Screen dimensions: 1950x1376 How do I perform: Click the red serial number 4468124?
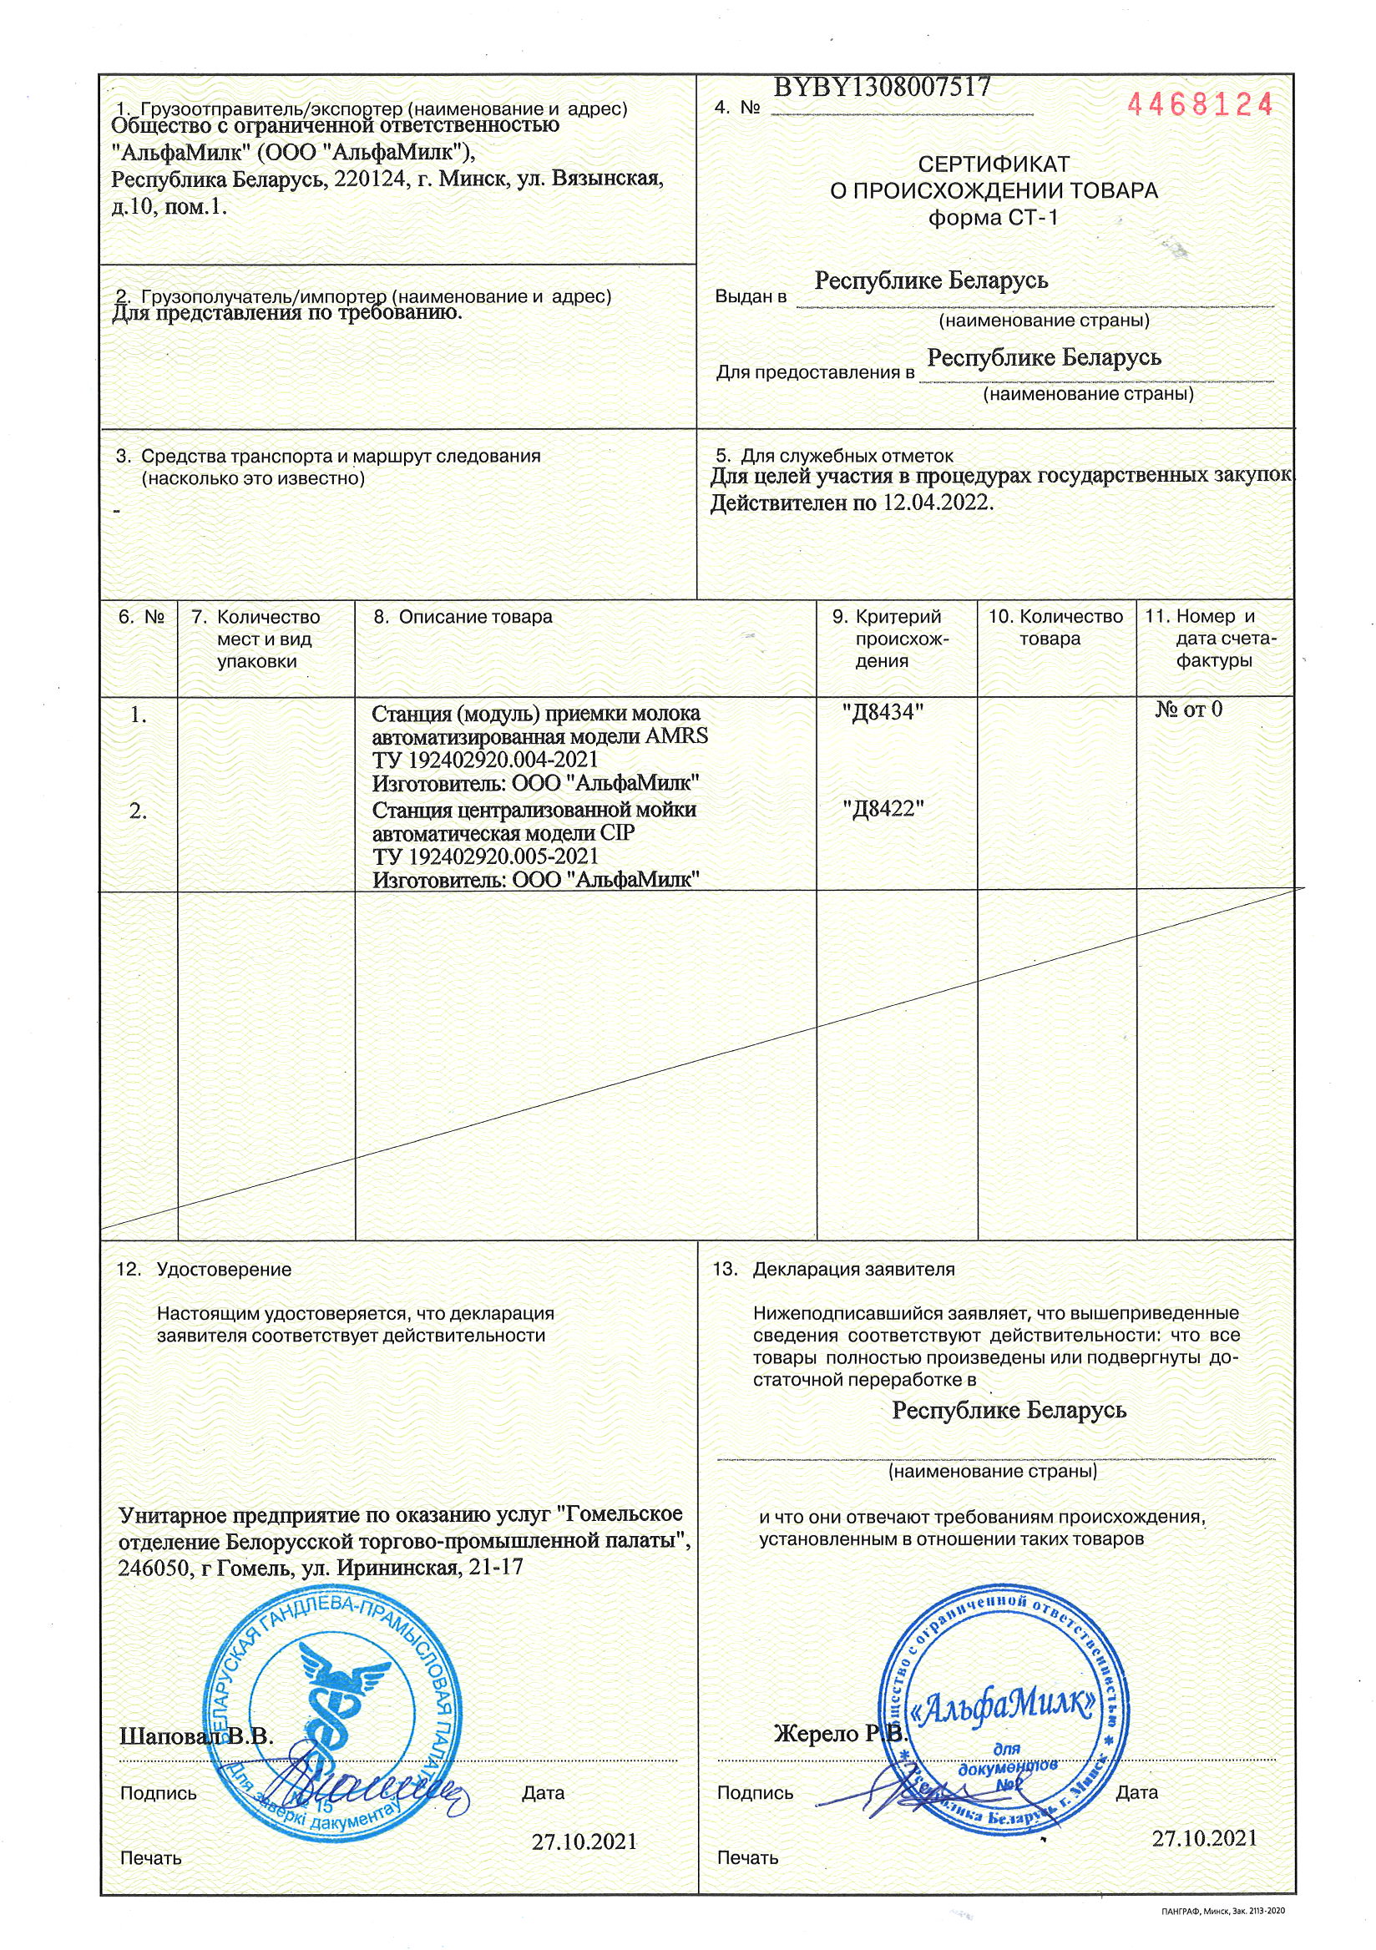(1198, 105)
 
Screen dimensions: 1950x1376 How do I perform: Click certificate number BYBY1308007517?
(882, 87)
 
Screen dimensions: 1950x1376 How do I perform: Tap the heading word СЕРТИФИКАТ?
(994, 164)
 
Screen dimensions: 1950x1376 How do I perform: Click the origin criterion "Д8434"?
(883, 713)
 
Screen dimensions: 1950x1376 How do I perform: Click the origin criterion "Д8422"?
(883, 809)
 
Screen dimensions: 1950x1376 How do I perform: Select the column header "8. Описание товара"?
(463, 618)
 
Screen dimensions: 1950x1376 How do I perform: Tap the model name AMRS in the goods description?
(676, 736)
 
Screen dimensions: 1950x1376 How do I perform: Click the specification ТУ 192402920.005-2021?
(485, 856)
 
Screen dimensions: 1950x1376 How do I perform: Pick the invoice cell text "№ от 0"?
(1188, 710)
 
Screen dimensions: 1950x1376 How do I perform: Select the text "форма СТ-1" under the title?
(994, 218)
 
